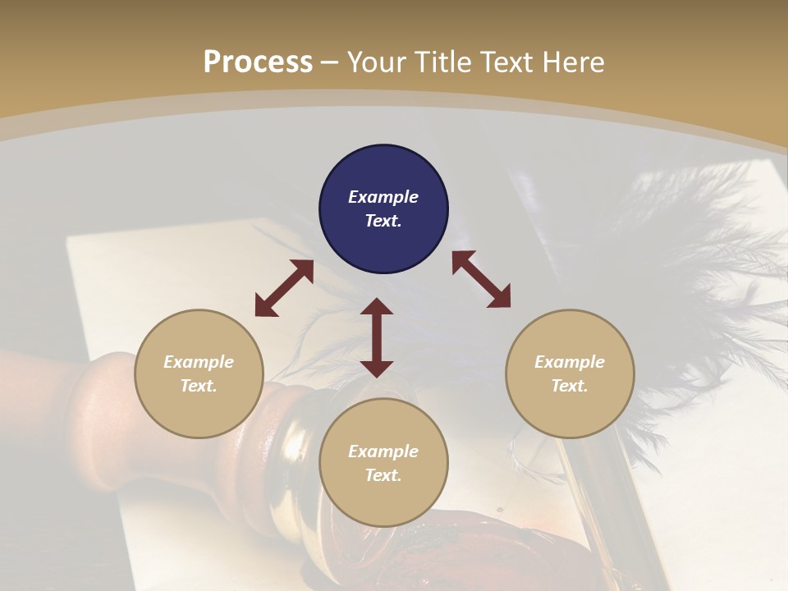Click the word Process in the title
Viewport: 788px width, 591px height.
258,62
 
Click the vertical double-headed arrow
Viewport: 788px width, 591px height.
377,337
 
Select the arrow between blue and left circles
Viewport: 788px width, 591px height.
284,288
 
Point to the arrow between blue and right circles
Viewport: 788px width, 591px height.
481,279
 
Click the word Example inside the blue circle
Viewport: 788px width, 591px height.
383,197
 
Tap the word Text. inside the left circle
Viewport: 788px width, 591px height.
199,386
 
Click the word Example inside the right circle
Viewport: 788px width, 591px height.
570,362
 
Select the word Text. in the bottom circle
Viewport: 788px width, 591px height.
383,475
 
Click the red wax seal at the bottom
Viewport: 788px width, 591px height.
484,550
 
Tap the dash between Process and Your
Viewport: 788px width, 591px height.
330,63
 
